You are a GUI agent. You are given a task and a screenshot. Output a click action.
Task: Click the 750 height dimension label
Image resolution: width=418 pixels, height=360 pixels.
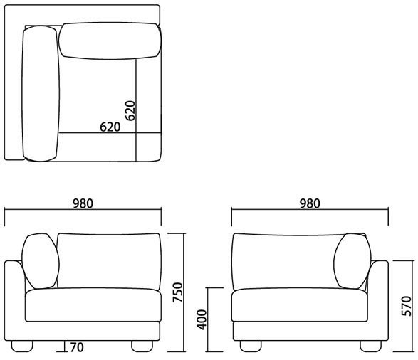tap(177, 292)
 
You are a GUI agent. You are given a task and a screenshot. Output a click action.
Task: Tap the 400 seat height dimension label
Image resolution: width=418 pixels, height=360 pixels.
tap(202, 319)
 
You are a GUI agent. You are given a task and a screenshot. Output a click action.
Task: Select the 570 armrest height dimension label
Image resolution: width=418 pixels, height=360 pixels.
tap(407, 306)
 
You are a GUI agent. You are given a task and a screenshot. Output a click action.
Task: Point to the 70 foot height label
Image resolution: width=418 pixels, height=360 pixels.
tap(77, 347)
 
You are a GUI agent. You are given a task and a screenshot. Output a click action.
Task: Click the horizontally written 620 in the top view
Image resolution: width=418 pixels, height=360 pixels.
tap(110, 127)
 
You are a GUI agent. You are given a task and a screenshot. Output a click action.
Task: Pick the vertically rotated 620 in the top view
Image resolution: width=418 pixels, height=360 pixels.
tap(130, 111)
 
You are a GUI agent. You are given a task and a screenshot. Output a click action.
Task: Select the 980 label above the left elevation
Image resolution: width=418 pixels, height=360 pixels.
tap(83, 203)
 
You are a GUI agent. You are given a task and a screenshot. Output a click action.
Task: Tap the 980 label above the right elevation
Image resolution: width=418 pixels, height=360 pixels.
tap(310, 203)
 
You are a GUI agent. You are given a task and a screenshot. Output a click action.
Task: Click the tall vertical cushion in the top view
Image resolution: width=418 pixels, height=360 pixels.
tap(41, 93)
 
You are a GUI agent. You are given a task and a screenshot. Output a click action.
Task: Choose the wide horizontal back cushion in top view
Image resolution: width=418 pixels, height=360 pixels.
tap(110, 41)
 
